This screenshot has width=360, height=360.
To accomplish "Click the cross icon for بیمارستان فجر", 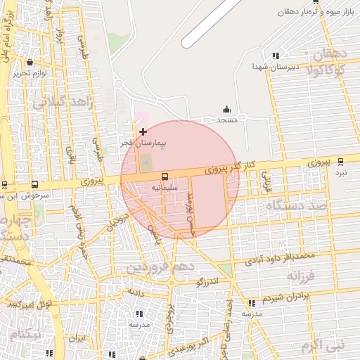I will (x=143, y=131).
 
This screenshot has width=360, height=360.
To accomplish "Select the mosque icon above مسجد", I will (x=226, y=109).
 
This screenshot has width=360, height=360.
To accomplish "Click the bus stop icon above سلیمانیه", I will (x=165, y=176).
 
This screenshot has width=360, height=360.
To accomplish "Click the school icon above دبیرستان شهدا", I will (x=276, y=56).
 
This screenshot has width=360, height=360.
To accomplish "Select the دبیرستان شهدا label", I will (x=276, y=66).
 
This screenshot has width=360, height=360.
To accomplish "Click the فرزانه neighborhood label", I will (x=304, y=276).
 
